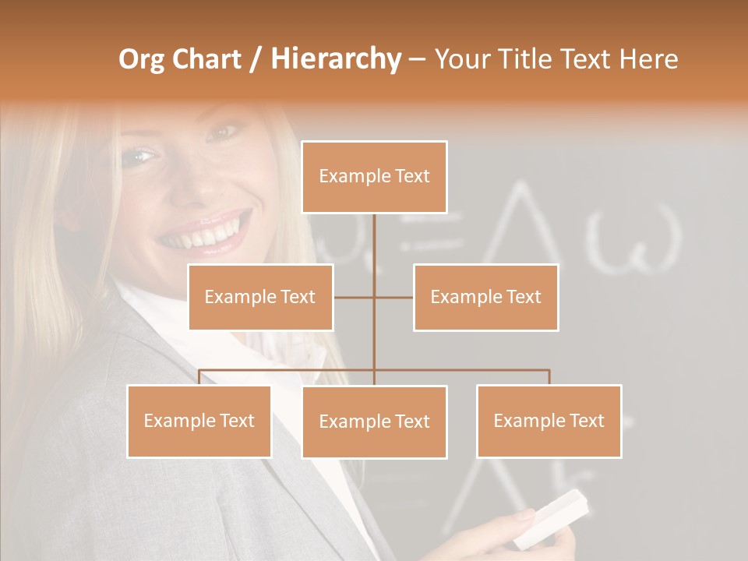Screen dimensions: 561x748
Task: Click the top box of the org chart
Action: pos(374,177)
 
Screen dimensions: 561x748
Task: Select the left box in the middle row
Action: pos(260,298)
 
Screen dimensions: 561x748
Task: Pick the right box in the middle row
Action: pos(485,298)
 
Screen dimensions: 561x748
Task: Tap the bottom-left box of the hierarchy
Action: pos(199,422)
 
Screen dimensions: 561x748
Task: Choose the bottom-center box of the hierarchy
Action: pos(374,422)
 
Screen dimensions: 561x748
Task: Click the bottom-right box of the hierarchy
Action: pos(549,422)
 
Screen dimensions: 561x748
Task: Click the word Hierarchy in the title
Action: pos(335,59)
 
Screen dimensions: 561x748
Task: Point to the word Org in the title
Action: pos(142,59)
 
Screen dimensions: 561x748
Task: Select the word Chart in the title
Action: pos(207,59)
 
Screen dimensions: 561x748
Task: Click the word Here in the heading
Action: pos(648,59)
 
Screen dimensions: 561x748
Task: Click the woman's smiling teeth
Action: pos(204,233)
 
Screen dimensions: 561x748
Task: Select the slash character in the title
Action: pos(255,59)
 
